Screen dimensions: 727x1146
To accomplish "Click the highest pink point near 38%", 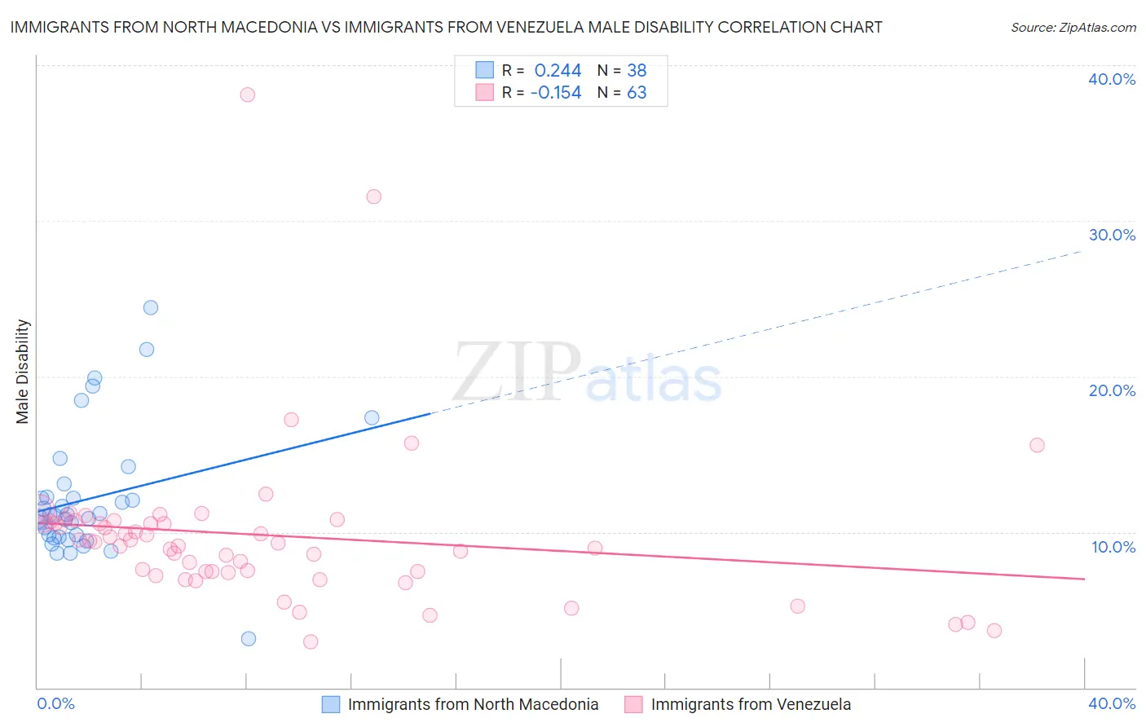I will tap(247, 95).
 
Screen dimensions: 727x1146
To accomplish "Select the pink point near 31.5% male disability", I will tap(373, 196).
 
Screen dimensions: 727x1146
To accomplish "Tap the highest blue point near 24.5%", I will tap(151, 307).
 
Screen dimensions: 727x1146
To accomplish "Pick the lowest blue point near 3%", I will tap(249, 638).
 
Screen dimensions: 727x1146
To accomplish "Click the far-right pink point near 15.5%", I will tap(1037, 445).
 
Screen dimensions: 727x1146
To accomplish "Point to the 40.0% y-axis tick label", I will tap(1112, 79).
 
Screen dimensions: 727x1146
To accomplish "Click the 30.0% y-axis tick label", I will tap(1112, 235).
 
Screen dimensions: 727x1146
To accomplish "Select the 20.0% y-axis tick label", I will tap(1112, 390).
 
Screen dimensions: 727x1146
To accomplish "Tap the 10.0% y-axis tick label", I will tap(1112, 547).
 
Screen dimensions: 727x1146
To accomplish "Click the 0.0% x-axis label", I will tap(55, 703).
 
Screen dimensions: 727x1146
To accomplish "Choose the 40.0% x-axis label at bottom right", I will tap(1112, 703).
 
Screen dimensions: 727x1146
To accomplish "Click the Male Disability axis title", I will tap(23, 371).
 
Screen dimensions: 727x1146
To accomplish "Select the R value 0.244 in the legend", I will tap(558, 71).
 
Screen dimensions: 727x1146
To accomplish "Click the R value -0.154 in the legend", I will tap(556, 93).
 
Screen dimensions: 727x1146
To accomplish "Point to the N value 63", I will tap(637, 93).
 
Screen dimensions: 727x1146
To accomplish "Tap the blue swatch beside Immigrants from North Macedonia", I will tap(331, 704).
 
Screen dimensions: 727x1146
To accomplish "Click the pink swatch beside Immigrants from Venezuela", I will tap(633, 704).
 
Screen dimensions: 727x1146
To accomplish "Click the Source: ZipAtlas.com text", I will tap(1073, 28).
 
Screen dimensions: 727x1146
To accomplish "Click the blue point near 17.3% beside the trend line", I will tap(372, 417).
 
